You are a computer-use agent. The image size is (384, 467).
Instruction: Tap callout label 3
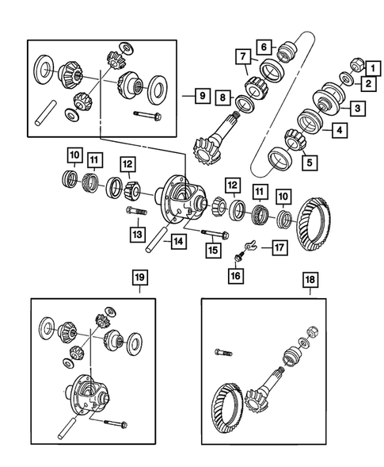(359, 107)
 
